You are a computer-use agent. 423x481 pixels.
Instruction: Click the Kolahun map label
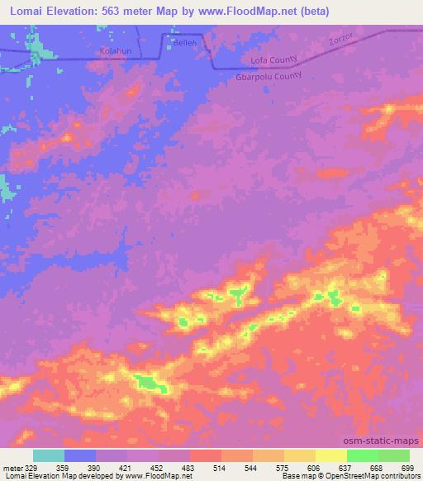(x=116, y=51)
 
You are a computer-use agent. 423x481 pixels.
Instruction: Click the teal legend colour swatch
(x=49, y=455)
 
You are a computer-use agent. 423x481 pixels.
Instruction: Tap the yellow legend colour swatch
(x=330, y=455)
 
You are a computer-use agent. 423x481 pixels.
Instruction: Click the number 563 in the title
(x=126, y=11)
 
